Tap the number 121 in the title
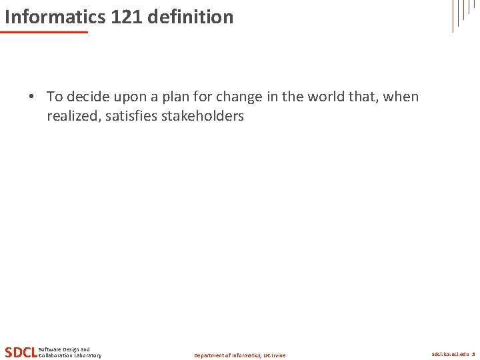127,17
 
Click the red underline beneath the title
44,32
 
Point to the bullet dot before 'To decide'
31,97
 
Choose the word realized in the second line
73,116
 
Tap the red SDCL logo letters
21,352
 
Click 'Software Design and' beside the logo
64,349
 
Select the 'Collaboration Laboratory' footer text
70,355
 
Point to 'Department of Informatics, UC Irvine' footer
239,355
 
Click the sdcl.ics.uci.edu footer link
450,354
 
